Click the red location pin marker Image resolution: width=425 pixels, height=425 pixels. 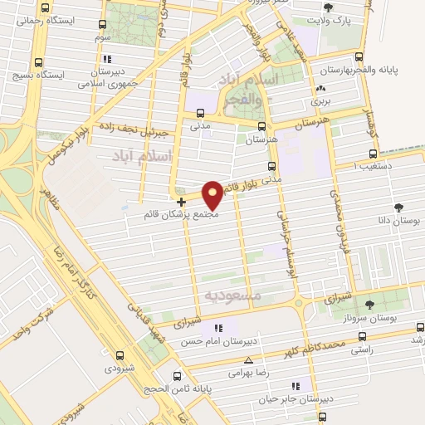click(213, 195)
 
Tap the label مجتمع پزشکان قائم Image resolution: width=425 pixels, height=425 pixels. click(181, 214)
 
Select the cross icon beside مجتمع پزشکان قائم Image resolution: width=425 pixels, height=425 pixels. click(181, 202)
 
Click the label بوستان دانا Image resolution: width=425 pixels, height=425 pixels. click(398, 222)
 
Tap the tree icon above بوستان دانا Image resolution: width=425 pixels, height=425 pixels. click(399, 208)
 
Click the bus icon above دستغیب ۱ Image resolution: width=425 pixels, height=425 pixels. click(371, 154)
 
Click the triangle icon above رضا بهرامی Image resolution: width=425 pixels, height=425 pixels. click(249, 361)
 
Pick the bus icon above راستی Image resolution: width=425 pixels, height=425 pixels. click(362, 337)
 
